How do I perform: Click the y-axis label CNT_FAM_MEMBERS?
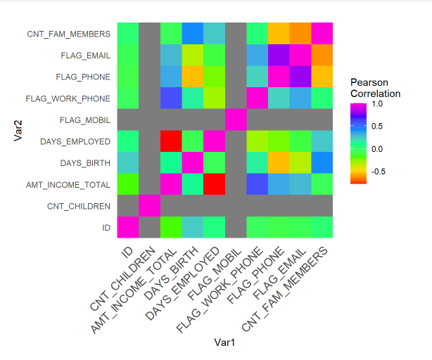tap(68, 34)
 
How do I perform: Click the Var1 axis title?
tap(225, 342)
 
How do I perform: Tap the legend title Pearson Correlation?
tap(375, 88)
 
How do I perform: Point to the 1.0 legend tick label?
tap(377, 104)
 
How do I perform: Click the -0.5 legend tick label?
tap(379, 171)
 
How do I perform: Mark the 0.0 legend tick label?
tap(377, 148)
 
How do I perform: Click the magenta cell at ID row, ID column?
tap(128, 228)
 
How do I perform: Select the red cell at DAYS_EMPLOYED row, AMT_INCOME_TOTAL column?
tap(171, 141)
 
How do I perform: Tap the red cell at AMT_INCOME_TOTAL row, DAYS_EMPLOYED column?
tap(215, 185)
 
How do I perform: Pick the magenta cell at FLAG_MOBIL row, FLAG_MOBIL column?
tap(236, 120)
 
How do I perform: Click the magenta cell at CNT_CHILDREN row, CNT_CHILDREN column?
tap(149, 206)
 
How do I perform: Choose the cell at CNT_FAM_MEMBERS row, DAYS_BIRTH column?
tap(193, 34)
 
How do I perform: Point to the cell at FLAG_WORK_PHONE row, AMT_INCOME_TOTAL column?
tap(171, 98)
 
